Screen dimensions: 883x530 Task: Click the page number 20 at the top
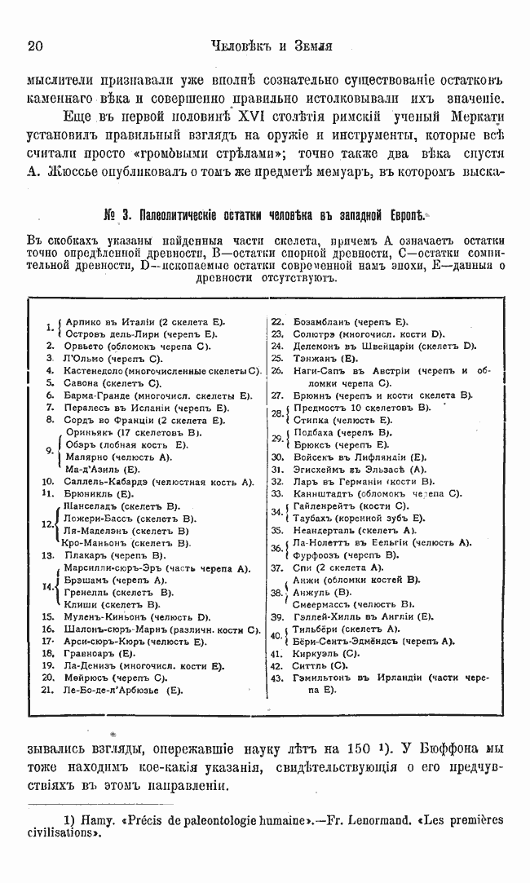tap(36, 46)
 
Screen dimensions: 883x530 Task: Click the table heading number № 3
tap(117, 215)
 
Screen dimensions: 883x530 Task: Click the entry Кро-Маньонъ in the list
tap(95, 542)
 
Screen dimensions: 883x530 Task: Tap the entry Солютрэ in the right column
tap(315, 333)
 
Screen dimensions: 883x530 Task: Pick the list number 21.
tap(46, 691)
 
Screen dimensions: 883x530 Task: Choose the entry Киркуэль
tap(315, 654)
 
